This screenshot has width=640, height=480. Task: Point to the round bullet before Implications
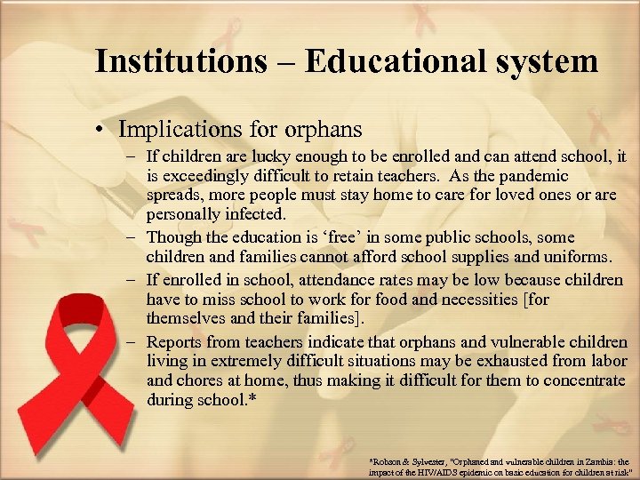click(x=104, y=131)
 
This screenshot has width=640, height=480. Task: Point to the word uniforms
click(x=579, y=258)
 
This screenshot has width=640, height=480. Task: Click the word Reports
click(x=176, y=341)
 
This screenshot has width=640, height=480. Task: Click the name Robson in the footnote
click(x=388, y=462)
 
